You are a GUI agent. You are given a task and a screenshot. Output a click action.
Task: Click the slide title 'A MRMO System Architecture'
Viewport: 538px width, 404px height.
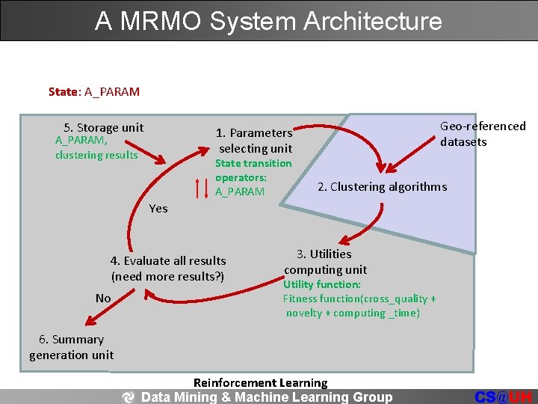(x=268, y=20)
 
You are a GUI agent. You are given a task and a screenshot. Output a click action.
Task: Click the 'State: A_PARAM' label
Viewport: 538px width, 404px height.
(x=93, y=92)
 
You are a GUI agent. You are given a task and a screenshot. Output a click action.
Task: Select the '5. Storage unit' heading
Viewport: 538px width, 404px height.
(x=104, y=127)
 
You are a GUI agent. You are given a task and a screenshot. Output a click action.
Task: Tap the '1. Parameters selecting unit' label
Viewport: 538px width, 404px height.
(x=254, y=141)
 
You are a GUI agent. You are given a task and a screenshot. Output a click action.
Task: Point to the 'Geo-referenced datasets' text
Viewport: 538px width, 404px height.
(x=482, y=134)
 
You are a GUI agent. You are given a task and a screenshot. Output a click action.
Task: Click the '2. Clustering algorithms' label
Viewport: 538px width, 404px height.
(x=382, y=186)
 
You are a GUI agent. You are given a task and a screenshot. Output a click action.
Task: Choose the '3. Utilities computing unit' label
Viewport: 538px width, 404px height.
(x=325, y=262)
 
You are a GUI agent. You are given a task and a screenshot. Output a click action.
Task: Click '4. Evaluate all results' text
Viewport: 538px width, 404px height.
(x=168, y=261)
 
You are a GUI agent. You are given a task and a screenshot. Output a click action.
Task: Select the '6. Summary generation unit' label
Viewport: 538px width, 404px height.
(x=72, y=347)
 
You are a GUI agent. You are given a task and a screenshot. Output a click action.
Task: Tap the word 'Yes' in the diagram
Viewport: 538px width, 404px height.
(x=158, y=208)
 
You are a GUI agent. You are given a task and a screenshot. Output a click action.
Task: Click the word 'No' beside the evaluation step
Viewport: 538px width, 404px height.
(x=103, y=299)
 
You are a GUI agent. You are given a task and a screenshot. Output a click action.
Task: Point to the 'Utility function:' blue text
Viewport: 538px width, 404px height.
(x=321, y=284)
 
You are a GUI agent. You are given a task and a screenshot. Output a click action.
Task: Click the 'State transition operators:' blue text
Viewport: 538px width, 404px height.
(x=253, y=171)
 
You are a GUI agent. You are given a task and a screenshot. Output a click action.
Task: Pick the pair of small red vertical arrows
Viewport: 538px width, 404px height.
(x=202, y=188)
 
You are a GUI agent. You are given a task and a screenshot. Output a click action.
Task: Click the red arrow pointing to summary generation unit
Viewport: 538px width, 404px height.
(x=97, y=315)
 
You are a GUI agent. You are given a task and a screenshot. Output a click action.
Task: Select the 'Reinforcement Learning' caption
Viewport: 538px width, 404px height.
(x=260, y=383)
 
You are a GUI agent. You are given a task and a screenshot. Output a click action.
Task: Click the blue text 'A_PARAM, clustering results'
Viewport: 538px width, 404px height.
(x=96, y=147)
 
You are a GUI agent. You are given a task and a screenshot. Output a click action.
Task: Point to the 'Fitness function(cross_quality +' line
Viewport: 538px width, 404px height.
(x=359, y=299)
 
